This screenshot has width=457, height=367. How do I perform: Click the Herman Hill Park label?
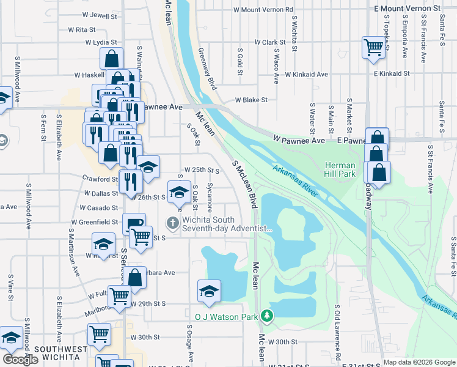(x=340, y=170)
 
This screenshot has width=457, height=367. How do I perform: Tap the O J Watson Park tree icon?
(x=266, y=316)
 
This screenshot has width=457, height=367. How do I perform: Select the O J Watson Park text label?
(x=226, y=317)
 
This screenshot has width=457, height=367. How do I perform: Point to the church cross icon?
(x=174, y=223)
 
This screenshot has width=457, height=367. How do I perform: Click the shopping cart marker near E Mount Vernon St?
(x=373, y=47)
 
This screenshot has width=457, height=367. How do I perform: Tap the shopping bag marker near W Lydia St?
(x=112, y=59)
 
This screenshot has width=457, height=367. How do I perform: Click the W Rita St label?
(x=82, y=29)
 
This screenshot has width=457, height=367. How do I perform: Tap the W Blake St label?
(x=251, y=100)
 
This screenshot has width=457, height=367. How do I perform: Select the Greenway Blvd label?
(x=207, y=70)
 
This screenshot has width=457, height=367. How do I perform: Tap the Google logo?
(x=21, y=360)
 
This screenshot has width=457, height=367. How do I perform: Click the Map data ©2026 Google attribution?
(x=419, y=363)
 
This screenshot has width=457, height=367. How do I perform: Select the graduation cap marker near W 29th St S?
(x=209, y=291)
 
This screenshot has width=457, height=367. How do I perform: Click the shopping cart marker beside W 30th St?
(x=99, y=334)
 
